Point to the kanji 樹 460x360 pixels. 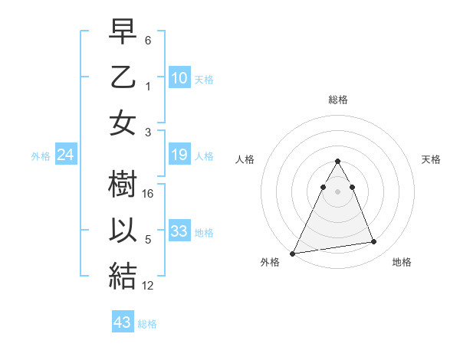coord(123,185)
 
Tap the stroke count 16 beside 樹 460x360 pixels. coord(149,194)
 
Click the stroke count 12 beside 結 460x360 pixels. coord(149,286)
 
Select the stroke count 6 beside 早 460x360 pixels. coord(149,39)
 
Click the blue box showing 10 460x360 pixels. coord(179,77)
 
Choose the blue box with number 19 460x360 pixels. coord(179,155)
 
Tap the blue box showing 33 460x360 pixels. coord(179,231)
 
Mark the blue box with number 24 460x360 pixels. coord(66,155)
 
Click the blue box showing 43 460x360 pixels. coord(123,322)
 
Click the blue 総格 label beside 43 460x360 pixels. coord(147,324)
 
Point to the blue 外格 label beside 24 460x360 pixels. coord(41,156)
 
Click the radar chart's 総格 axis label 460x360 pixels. coord(338,100)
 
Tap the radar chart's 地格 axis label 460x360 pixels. coord(402,262)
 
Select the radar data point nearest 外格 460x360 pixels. coord(293,253)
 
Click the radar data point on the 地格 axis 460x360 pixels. coord(374,242)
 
